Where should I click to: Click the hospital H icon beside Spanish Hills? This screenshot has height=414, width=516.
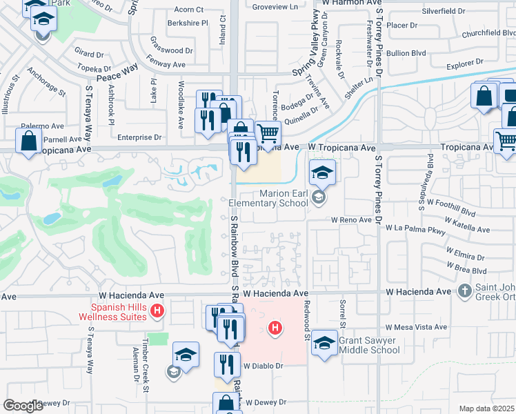[x=157, y=311]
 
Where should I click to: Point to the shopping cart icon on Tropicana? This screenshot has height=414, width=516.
[x=268, y=132]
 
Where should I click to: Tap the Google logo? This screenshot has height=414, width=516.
[x=23, y=406]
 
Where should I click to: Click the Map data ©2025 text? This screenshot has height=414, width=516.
[x=486, y=408]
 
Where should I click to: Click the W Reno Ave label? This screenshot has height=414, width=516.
[x=351, y=220]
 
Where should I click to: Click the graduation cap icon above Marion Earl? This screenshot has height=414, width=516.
[x=322, y=172]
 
